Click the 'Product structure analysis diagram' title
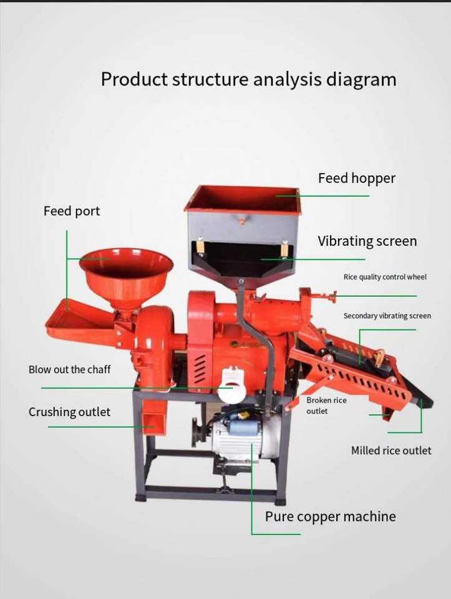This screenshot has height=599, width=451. pyautogui.click(x=248, y=80)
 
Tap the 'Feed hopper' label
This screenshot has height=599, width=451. pyautogui.click(x=356, y=178)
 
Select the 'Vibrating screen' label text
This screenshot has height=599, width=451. pyautogui.click(x=367, y=241)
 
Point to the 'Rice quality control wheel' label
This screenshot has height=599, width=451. pyautogui.click(x=385, y=276)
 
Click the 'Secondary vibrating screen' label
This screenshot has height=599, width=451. pyautogui.click(x=387, y=316)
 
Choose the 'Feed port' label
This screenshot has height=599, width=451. pyautogui.click(x=71, y=212)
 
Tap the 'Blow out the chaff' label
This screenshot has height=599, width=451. pyautogui.click(x=69, y=369)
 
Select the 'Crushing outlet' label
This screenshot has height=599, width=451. pyautogui.click(x=69, y=412)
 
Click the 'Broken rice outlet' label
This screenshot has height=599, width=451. pyautogui.click(x=327, y=406)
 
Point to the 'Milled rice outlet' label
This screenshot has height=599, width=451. pyautogui.click(x=390, y=450)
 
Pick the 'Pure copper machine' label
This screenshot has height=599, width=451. pyautogui.click(x=330, y=517)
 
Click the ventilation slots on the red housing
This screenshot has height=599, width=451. pyautogui.click(x=200, y=369)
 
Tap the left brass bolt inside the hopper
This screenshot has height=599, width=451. pyautogui.click(x=200, y=246)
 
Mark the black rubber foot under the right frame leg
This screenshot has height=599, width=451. pyautogui.click(x=280, y=500)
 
